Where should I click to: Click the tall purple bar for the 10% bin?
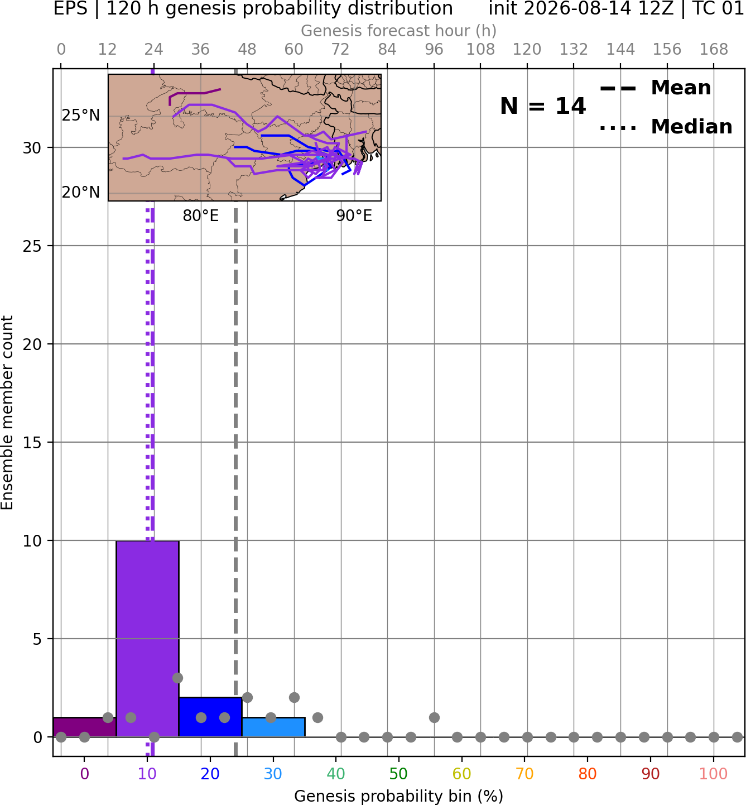(x=147, y=639)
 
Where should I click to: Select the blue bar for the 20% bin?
(x=210, y=717)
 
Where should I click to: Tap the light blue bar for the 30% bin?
(x=273, y=727)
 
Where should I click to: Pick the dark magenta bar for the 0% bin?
(x=85, y=727)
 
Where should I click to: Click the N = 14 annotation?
(x=543, y=106)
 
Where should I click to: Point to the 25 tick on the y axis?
(x=32, y=246)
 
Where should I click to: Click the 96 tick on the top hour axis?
(x=434, y=50)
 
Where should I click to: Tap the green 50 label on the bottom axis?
(x=398, y=774)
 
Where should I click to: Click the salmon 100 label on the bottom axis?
(x=714, y=774)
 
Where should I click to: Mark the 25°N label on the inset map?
(x=81, y=116)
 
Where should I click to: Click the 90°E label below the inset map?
(x=354, y=215)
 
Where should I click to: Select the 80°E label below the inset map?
(x=200, y=215)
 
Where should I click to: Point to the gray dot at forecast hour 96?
(x=434, y=717)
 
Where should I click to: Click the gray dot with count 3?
(x=177, y=678)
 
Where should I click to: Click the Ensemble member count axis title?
(x=7, y=413)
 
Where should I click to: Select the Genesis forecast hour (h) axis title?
(x=399, y=31)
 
